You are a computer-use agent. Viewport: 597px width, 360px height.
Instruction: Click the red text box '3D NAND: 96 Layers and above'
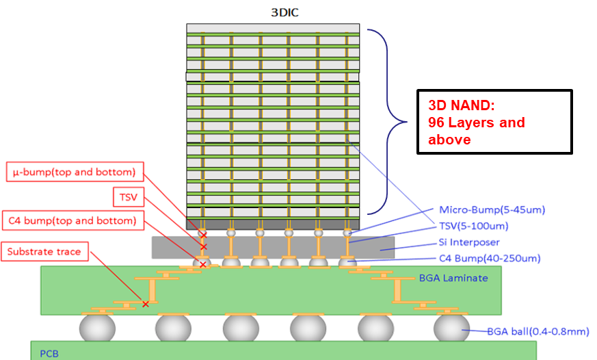click(494, 122)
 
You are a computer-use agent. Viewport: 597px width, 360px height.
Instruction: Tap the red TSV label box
click(129, 198)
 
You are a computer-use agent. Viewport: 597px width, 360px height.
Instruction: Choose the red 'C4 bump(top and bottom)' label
click(72, 221)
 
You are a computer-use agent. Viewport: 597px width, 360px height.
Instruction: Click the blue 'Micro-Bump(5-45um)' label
click(492, 209)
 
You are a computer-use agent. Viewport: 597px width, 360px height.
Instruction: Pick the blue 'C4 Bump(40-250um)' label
click(490, 258)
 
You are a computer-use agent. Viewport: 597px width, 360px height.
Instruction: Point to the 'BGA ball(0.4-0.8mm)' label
click(537, 331)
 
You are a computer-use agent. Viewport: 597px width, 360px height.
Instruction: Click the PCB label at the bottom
click(49, 353)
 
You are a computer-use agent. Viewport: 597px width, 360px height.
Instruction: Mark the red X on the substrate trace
click(145, 303)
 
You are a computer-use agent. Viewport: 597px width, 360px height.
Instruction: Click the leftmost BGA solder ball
click(96, 328)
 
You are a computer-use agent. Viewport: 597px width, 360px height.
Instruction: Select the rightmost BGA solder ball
click(451, 328)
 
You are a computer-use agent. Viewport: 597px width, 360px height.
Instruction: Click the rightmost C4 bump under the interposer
click(347, 262)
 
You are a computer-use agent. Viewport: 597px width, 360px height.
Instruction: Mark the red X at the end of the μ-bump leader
click(203, 235)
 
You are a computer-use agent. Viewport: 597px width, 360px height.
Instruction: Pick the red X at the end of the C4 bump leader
click(202, 264)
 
